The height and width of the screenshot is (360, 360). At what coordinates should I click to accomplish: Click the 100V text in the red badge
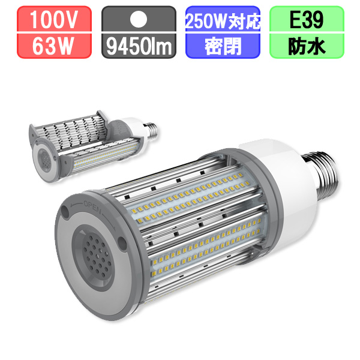[x=54, y=20]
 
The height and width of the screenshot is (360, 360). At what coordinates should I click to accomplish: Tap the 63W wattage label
[x=53, y=46]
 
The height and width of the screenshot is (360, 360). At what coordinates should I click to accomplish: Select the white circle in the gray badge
[x=139, y=19]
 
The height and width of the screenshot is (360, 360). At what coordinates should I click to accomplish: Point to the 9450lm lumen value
[x=139, y=47]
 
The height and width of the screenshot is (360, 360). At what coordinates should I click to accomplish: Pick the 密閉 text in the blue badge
[x=223, y=46]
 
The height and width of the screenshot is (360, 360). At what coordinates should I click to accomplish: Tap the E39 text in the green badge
[x=307, y=20]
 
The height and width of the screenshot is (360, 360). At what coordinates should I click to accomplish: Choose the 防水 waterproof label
[x=307, y=47]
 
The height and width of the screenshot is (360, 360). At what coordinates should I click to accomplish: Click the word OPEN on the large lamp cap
[x=92, y=206]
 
